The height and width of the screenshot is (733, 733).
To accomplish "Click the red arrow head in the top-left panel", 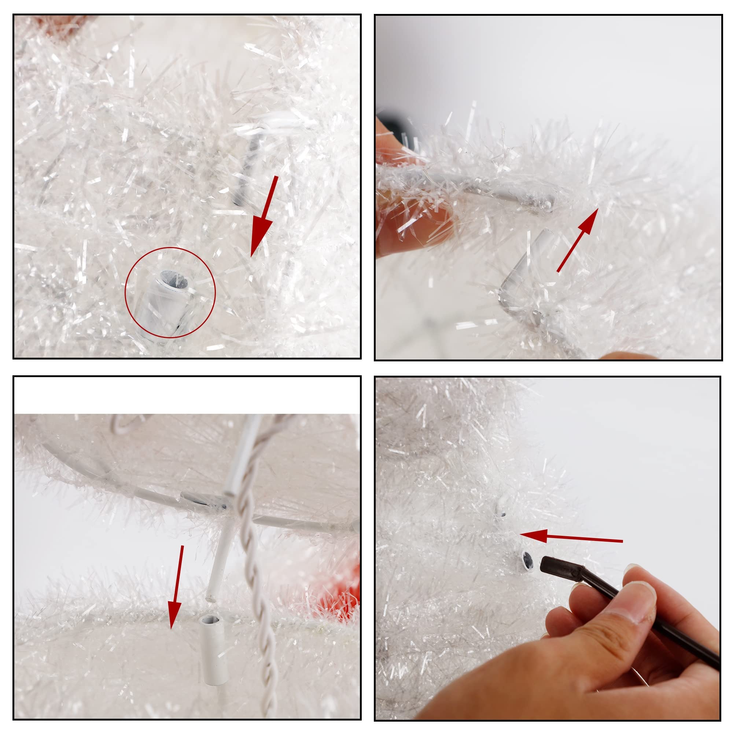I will coord(261,239).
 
